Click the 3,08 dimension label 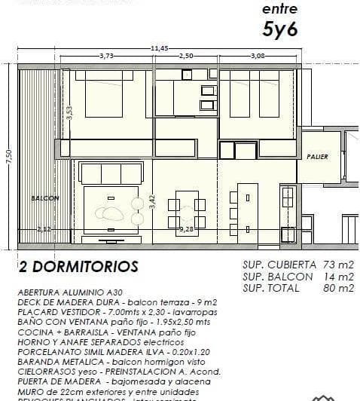pyautogui.click(x=258, y=57)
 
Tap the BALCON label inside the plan pyautogui.click(x=45, y=198)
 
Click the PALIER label pyautogui.click(x=318, y=156)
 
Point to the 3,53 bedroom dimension pyautogui.click(x=69, y=113)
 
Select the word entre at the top pyautogui.click(x=279, y=9)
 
